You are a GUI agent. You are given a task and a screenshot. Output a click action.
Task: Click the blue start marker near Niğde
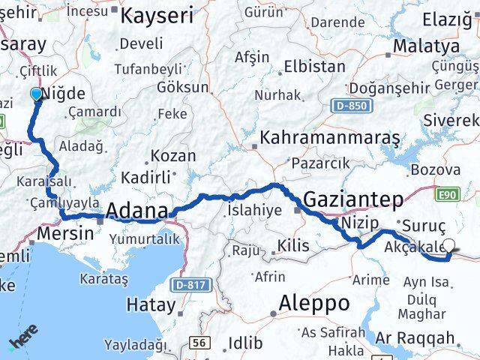point(35,94)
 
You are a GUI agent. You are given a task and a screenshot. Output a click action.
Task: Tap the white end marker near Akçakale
point(450,244)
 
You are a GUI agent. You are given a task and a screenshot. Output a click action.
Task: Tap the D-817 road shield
point(189,285)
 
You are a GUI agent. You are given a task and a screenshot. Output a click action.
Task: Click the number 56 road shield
point(199,342)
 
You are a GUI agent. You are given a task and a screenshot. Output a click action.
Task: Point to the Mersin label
point(65,233)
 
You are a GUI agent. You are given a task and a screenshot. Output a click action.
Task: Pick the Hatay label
point(151,304)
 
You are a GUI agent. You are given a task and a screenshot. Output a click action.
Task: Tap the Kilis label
point(292,245)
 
